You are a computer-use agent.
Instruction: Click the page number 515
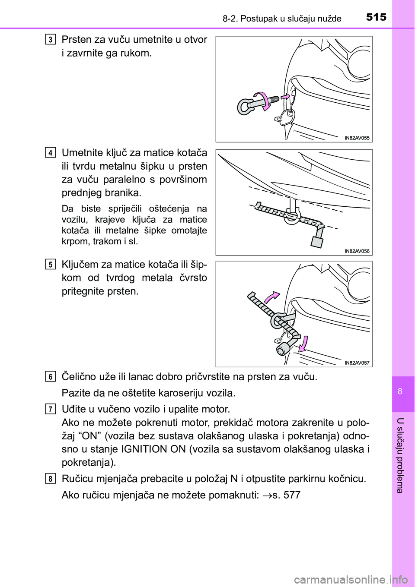[376, 17]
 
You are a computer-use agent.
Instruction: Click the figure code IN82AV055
[357, 138]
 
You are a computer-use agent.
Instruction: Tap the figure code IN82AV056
[357, 251]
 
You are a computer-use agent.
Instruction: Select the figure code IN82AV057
[357, 363]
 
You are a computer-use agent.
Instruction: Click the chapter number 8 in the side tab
[400, 391]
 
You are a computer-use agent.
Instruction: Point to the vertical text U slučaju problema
[400, 455]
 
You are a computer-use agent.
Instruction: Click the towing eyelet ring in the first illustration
[245, 106]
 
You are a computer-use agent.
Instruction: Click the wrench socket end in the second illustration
[317, 240]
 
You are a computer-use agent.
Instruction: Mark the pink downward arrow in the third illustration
[304, 344]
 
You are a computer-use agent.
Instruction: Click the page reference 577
[292, 495]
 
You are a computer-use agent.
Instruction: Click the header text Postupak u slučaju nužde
[290, 19]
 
